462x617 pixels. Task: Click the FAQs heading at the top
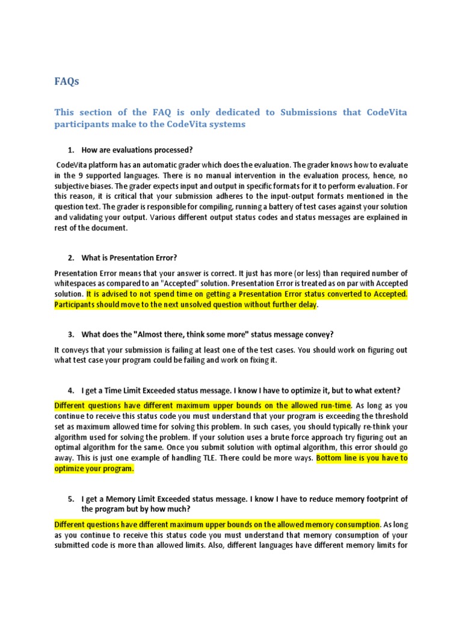pyautogui.click(x=67, y=81)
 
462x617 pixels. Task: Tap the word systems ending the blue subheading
pyautogui.click(x=228, y=124)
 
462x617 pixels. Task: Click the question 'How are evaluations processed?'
pyautogui.click(x=137, y=149)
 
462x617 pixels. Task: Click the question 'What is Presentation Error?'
pyautogui.click(x=129, y=258)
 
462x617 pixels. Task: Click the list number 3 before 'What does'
pyautogui.click(x=70, y=334)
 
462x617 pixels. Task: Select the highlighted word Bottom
pyautogui.click(x=330, y=458)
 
